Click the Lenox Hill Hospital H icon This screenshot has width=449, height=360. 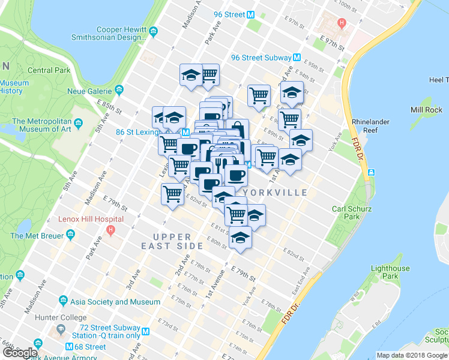(x=110, y=229)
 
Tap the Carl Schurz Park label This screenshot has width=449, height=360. (x=352, y=214)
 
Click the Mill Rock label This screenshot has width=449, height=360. (x=426, y=110)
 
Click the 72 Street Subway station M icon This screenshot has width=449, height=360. (x=145, y=329)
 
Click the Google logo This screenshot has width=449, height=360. (x=20, y=353)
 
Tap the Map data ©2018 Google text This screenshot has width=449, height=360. (x=412, y=355)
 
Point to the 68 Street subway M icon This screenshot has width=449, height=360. (x=70, y=347)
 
